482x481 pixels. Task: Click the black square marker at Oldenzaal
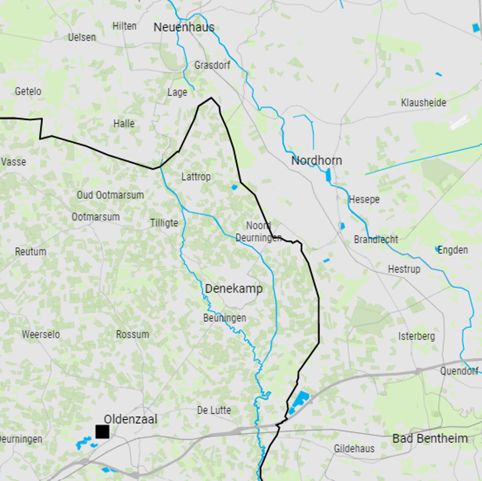click(x=102, y=432)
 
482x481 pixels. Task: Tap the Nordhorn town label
click(x=316, y=161)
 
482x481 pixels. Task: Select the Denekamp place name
click(x=234, y=289)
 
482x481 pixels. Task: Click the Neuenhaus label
click(x=184, y=27)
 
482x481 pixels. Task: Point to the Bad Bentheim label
click(x=430, y=438)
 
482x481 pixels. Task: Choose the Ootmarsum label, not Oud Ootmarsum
click(x=95, y=217)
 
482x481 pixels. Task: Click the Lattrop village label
click(x=196, y=177)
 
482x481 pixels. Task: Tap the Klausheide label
click(x=424, y=103)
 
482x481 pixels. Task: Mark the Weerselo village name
click(x=40, y=334)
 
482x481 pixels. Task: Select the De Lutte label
click(x=214, y=411)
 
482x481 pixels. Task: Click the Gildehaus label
click(x=354, y=448)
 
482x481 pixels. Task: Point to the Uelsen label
click(x=82, y=37)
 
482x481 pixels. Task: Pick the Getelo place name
click(x=28, y=92)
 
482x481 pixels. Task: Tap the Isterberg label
click(x=416, y=337)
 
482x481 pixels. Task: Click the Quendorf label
click(x=459, y=371)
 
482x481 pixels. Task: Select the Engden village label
click(x=452, y=250)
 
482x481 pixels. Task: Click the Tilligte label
click(x=164, y=223)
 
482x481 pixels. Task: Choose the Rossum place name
click(x=133, y=334)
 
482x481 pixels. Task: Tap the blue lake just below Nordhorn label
click(x=328, y=176)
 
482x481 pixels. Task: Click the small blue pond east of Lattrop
click(x=234, y=187)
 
